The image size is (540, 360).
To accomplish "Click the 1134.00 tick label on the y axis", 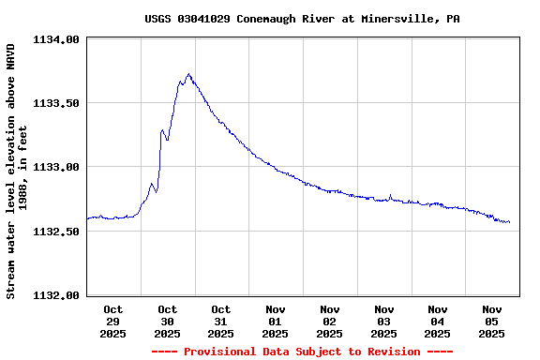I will (57, 39).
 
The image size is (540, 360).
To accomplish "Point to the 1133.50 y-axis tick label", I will (57, 103).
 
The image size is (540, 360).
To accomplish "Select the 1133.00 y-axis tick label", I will (57, 167).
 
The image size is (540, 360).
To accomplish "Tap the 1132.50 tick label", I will (57, 231).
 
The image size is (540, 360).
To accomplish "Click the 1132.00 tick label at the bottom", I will (57, 294).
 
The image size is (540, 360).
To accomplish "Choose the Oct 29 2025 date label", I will (113, 321).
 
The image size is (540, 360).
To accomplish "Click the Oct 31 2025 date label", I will (221, 321).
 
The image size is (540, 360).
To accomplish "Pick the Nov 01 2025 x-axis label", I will (276, 321).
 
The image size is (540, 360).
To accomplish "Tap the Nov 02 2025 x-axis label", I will (330, 321).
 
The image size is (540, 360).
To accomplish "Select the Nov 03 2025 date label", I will (383, 321).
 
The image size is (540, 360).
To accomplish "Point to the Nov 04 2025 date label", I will (438, 321).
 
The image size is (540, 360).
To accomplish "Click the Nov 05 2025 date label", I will (492, 321).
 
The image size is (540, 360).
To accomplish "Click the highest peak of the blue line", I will (188, 74).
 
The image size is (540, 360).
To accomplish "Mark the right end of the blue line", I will (509, 222).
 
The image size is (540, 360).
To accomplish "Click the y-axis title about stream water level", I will (18, 169).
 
